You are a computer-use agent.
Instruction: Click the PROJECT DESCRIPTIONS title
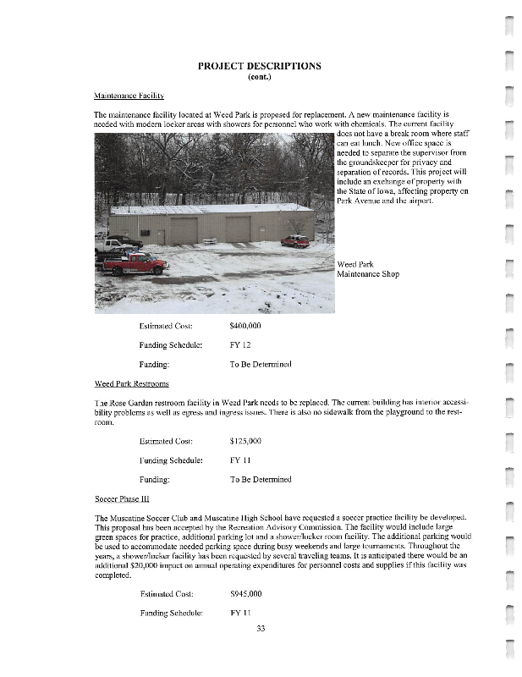pos(259,66)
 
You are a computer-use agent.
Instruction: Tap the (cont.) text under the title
pos(259,76)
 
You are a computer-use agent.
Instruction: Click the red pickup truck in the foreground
pos(135,263)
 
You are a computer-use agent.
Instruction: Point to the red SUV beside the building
pos(295,241)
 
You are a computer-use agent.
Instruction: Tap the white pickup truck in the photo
pos(108,246)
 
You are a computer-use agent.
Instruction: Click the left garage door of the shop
pos(183,230)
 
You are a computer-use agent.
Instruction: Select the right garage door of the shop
pos(238,228)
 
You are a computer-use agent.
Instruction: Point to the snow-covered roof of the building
pos(212,208)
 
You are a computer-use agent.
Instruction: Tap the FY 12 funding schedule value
pos(239,344)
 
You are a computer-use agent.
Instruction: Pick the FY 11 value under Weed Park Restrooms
pos(239,460)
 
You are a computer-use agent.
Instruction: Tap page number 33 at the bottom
pos(261,627)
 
